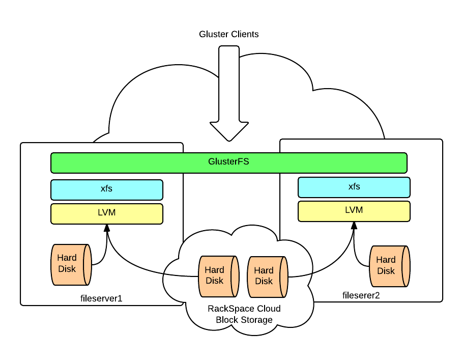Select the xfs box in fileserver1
coord(106,189)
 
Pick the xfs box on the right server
coord(354,187)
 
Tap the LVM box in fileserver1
coord(106,213)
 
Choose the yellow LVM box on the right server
coord(354,211)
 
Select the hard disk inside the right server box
coord(389,266)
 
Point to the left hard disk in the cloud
coord(218,276)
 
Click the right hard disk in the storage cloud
coord(267,276)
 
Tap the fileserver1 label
coord(102,298)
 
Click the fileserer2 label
coord(361,295)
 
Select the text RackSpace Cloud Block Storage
coord(244,314)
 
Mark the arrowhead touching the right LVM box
coord(354,226)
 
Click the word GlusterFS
coord(228,162)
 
